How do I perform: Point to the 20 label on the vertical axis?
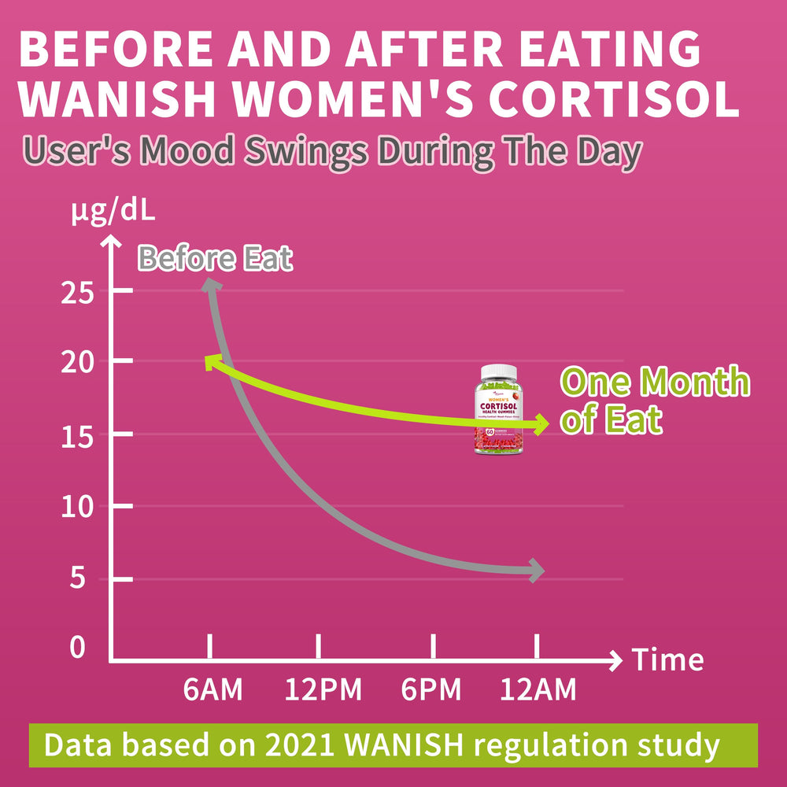pos(77,362)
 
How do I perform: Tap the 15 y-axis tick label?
pos(77,434)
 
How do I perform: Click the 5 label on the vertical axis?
pos(79,579)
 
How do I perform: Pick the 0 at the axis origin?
pos(77,648)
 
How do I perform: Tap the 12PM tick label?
pos(323,690)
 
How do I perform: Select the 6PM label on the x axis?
pos(430,690)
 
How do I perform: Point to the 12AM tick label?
pos(538,690)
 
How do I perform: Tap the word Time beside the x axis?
pos(668,660)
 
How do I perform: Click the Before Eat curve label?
pos(215,258)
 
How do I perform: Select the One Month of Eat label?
pos(653,400)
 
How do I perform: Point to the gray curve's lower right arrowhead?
pos(535,570)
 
